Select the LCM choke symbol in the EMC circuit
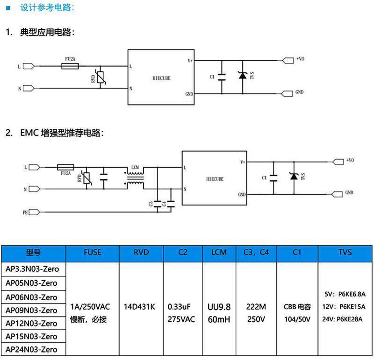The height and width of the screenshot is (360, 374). [136, 178]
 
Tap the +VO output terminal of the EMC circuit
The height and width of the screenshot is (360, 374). [338, 161]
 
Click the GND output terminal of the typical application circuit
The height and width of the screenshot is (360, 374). [288, 92]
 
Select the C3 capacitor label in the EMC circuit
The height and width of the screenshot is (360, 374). [151, 204]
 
